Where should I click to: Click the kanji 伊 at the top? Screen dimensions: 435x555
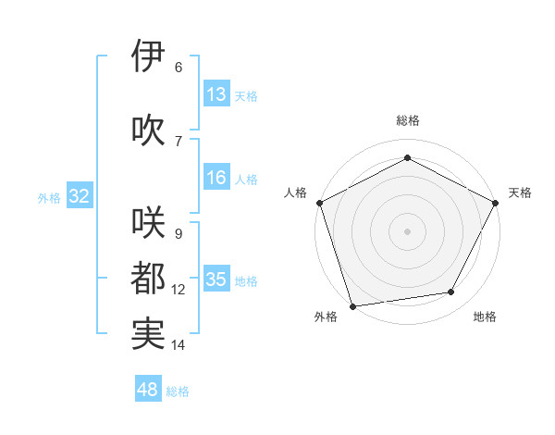pos(148,57)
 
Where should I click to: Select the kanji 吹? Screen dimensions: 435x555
pos(148,130)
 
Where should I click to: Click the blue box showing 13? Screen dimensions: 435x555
pos(216,94)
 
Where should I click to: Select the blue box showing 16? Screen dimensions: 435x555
pos(216,178)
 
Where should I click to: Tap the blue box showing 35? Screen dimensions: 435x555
pos(216,280)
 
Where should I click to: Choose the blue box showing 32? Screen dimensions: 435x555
pos(79,196)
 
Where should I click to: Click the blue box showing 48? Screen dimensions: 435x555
pos(148,390)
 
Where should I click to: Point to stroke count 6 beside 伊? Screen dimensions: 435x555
pos(179,68)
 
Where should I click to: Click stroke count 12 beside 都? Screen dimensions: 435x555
pos(179,290)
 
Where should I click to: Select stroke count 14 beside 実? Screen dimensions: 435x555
pos(179,345)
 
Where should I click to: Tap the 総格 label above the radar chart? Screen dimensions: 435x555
pos(407,120)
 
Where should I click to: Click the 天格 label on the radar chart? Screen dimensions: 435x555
pos(520,193)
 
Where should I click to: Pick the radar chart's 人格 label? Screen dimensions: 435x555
pos(295,193)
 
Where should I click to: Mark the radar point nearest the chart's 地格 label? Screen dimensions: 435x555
pos(451,292)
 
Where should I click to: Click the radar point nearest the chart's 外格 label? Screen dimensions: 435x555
pos(351,305)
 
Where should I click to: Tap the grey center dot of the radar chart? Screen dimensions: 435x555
pos(407,230)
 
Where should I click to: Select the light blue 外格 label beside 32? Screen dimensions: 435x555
pos(49,197)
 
